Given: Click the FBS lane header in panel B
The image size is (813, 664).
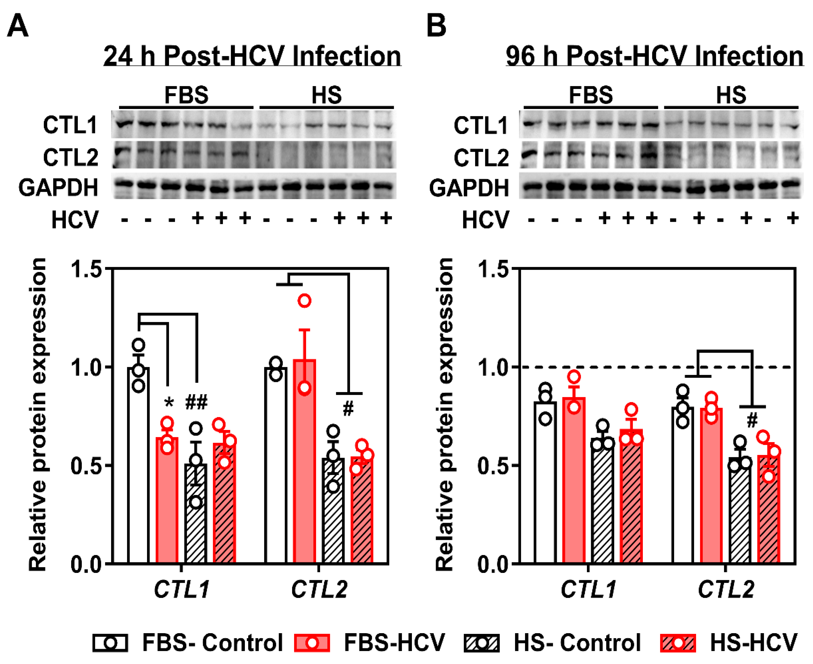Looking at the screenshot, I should click(591, 95).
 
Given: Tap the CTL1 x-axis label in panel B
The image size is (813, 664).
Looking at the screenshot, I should click(588, 589).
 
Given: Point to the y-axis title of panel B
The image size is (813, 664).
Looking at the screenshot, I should click(444, 415).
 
